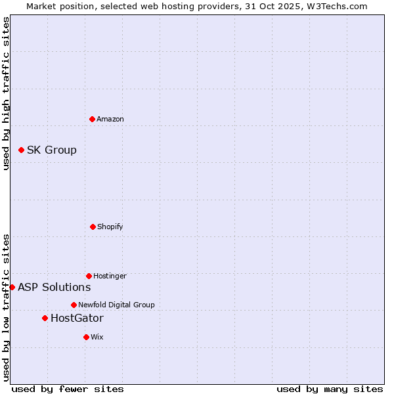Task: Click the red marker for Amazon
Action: coord(92,119)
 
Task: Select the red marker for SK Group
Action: coord(21,150)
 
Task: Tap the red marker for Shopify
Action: coord(93,227)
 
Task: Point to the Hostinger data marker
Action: coord(89,276)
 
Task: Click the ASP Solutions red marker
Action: coord(12,287)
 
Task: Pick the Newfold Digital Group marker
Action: coord(74,305)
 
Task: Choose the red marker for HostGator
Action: coord(45,318)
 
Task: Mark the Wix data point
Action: coord(86,337)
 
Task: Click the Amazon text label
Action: coord(110,119)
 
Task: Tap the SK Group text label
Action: coord(52,150)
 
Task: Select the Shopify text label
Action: coord(110,227)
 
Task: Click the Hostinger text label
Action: coord(110,276)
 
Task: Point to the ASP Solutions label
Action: coord(55,287)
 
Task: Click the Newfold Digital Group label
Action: coord(116,305)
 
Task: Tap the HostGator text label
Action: coord(77,318)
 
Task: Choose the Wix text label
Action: coord(97,337)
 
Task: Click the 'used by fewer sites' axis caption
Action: coord(68,389)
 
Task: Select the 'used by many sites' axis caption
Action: coord(330,389)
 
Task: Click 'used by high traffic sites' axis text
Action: coord(6,93)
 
